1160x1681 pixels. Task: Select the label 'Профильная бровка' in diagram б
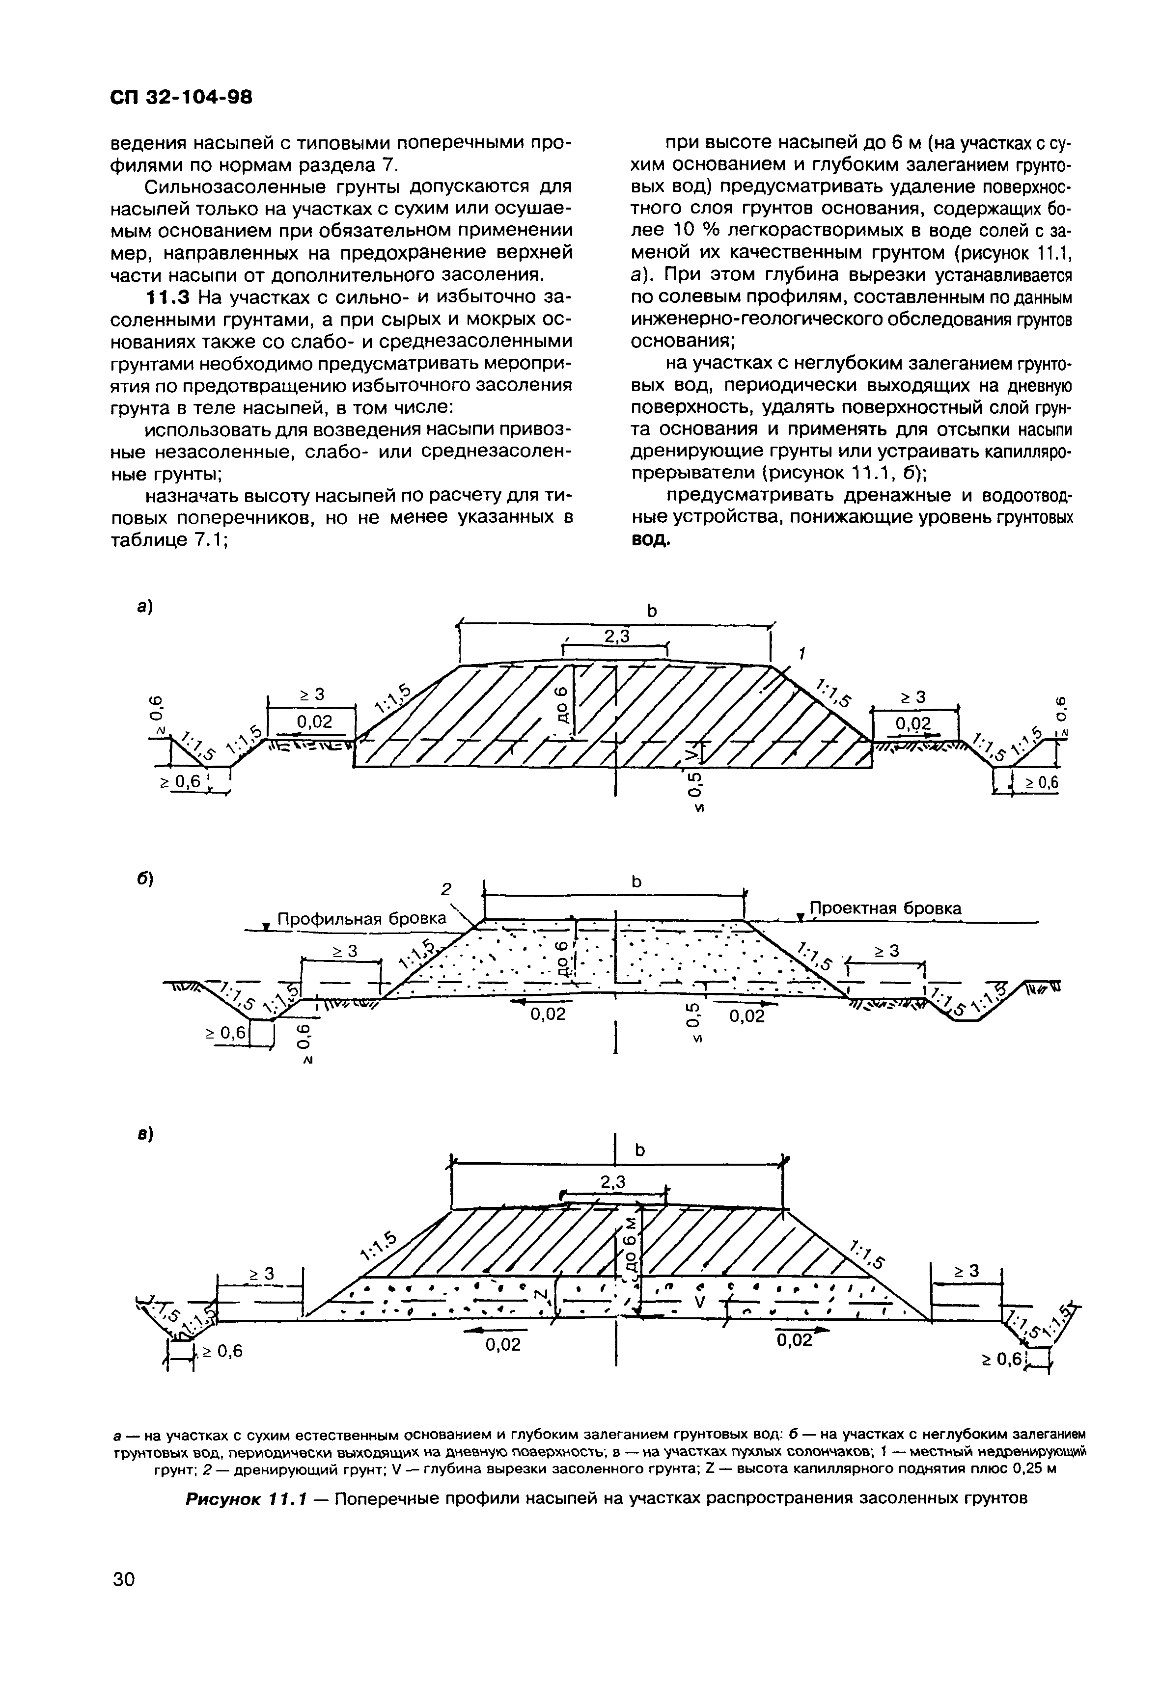click(x=362, y=919)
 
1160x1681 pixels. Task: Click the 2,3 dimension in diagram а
click(x=616, y=637)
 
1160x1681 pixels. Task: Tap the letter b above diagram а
click(x=651, y=612)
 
